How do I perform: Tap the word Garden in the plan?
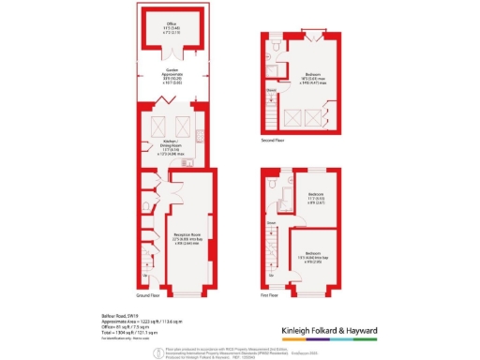(x=172, y=69)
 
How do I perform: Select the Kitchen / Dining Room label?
(x=172, y=142)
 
